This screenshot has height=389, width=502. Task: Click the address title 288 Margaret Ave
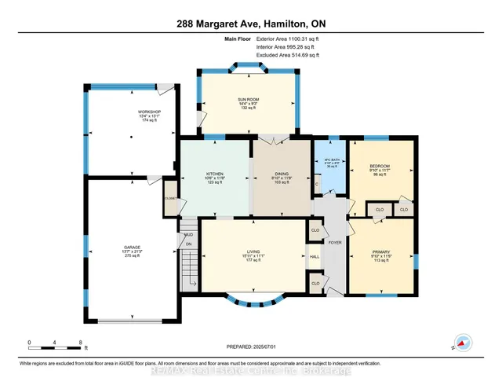250,24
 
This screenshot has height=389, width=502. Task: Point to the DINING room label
281,174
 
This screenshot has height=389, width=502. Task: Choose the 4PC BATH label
330,161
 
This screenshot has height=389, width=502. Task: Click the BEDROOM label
379,167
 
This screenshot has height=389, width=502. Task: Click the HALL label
315,256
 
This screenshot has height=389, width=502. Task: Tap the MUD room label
188,234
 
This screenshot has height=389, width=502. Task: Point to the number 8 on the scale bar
81,342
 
